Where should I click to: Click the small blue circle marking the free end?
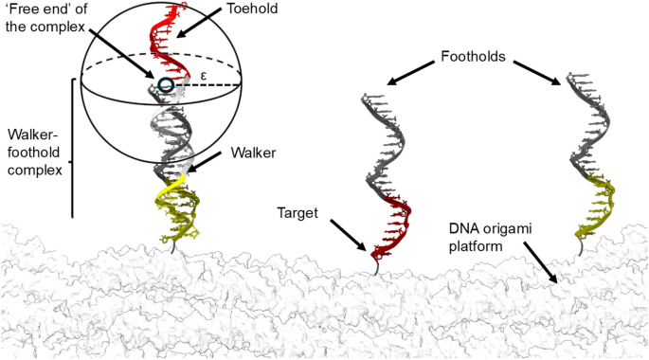(x=167, y=86)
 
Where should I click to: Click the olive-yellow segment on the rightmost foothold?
(x=597, y=204)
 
